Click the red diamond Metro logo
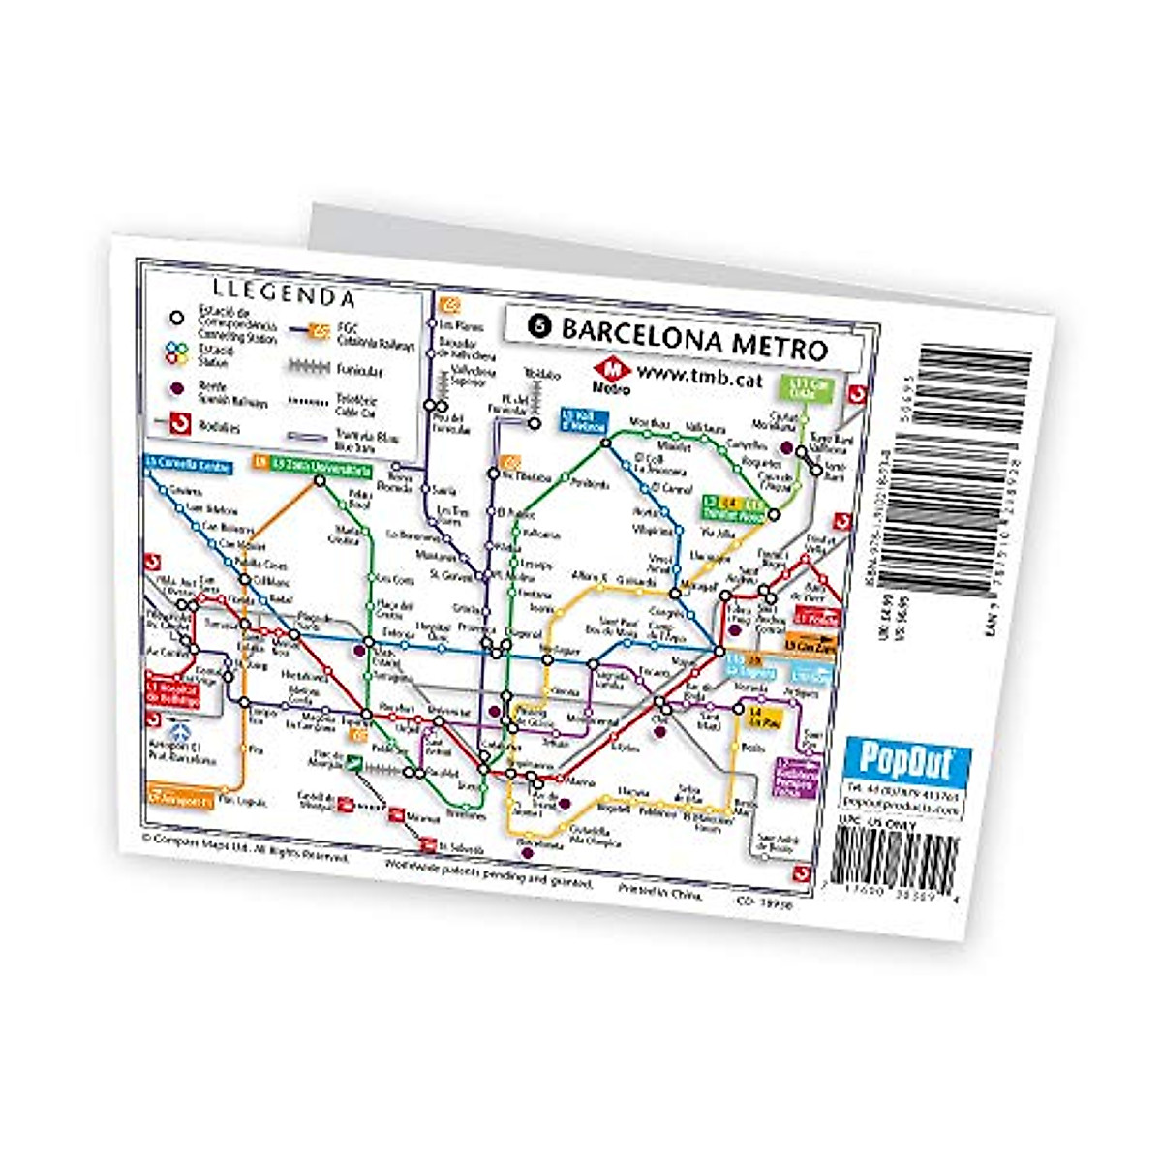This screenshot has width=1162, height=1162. pos(612,369)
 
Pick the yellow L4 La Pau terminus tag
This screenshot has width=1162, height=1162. pos(765,718)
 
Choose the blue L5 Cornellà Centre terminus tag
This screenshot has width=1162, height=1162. pos(189,465)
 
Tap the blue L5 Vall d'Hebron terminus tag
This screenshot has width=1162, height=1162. pos(584,418)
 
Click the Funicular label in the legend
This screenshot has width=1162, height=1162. pos(360,370)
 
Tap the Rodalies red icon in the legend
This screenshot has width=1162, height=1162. pos(178,423)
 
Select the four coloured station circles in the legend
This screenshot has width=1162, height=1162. pos(175,352)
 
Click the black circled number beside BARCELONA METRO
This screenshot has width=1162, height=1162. pos(536,326)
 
